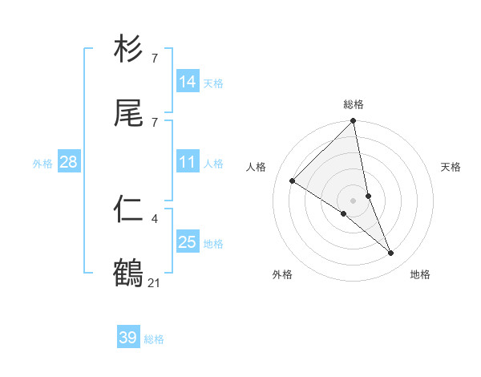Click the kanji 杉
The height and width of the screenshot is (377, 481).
click(128, 49)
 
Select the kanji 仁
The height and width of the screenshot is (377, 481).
click(128, 209)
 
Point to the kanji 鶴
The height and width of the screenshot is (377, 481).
click(128, 274)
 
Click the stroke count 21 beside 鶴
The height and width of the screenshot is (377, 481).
click(155, 282)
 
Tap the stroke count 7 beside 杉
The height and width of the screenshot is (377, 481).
click(154, 58)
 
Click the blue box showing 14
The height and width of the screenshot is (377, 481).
click(188, 82)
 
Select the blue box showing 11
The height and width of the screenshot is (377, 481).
click(188, 163)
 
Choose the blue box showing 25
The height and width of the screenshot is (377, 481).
click(188, 242)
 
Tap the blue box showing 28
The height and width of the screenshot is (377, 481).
click(69, 163)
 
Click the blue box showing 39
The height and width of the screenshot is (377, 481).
click(128, 338)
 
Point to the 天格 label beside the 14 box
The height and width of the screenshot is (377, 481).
click(213, 83)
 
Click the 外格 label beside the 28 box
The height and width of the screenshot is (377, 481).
click(42, 164)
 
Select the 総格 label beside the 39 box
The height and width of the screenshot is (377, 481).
click(154, 338)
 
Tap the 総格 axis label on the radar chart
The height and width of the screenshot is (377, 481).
click(354, 104)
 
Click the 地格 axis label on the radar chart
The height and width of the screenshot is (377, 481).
click(420, 274)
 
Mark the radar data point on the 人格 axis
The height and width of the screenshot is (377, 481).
click(293, 181)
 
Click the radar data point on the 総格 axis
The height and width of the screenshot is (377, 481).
click(354, 122)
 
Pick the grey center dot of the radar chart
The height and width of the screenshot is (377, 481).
click(354, 201)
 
